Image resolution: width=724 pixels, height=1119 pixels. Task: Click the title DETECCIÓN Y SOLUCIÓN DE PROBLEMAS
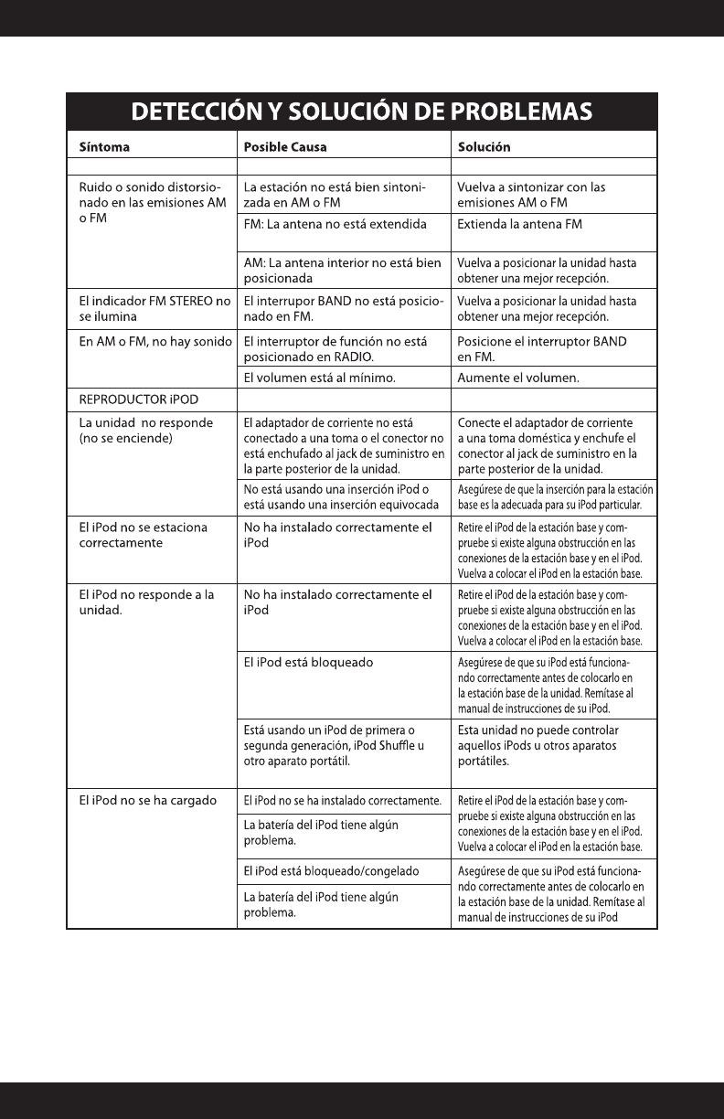(362, 112)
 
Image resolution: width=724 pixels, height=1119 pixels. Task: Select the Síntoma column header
(104, 146)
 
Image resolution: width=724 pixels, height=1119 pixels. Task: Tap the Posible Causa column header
(285, 146)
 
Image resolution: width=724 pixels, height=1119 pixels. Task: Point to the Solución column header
(484, 146)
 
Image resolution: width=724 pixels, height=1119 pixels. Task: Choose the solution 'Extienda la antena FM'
(520, 223)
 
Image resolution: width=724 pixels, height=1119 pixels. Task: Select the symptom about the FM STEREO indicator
(152, 308)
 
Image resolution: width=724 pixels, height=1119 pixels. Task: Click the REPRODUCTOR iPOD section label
(138, 399)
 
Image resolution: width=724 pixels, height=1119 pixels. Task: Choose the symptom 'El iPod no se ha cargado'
(147, 801)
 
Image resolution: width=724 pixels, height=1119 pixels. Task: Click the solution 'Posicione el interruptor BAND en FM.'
(541, 348)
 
